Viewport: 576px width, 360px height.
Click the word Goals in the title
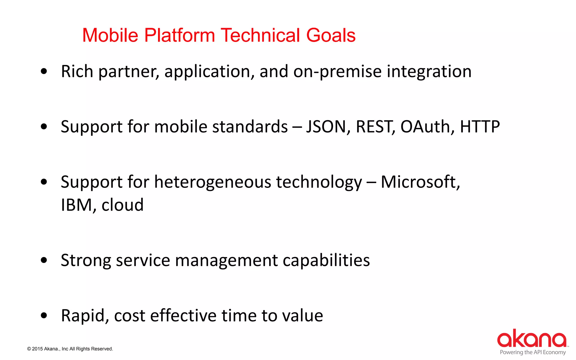coord(331,35)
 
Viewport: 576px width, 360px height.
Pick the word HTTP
coord(480,127)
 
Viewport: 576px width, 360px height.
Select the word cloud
coord(122,205)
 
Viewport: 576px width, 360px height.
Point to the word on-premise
coord(337,71)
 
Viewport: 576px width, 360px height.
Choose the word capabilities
coord(326,260)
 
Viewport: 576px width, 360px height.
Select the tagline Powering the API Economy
coord(533,352)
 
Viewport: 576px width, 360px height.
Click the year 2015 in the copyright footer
coord(37,349)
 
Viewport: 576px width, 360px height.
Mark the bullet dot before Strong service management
coord(44,260)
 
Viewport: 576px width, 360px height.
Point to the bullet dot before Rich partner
coord(44,71)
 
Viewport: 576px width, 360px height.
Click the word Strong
coord(86,260)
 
